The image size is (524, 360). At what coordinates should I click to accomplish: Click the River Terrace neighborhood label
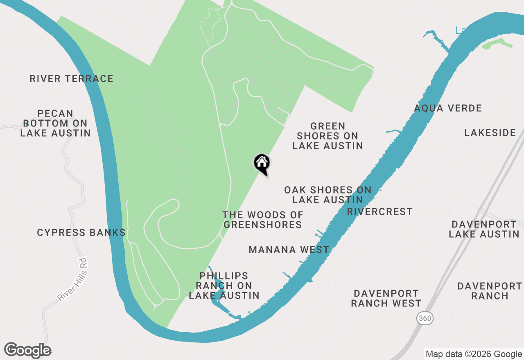[x=71, y=79]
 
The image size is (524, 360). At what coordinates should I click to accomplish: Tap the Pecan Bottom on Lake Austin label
[x=55, y=123]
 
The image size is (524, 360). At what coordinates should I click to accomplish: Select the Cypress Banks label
[x=81, y=233]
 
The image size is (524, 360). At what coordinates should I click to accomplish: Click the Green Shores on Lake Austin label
[x=327, y=136]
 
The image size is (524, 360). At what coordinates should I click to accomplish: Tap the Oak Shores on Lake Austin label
[x=327, y=195]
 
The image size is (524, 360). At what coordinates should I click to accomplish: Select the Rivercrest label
[x=379, y=211]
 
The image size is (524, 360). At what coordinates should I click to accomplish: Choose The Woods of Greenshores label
[x=262, y=220]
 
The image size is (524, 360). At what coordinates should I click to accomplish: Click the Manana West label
[x=289, y=250]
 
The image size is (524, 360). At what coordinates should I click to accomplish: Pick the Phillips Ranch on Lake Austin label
[x=224, y=286]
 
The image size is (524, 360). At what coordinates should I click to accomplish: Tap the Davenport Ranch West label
[x=386, y=298]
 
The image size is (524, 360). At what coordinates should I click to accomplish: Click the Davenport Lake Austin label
[x=484, y=229]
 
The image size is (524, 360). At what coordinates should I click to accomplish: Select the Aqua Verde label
[x=448, y=108]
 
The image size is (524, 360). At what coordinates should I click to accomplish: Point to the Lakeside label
[x=490, y=133]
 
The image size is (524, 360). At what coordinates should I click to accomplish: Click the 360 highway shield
[x=425, y=318]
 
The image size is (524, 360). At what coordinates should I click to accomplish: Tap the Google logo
[x=27, y=351]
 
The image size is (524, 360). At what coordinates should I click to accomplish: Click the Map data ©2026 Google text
[x=473, y=354]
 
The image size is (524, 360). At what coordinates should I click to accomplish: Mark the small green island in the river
[x=497, y=43]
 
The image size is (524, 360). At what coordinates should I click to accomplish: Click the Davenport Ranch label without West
[x=489, y=290]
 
